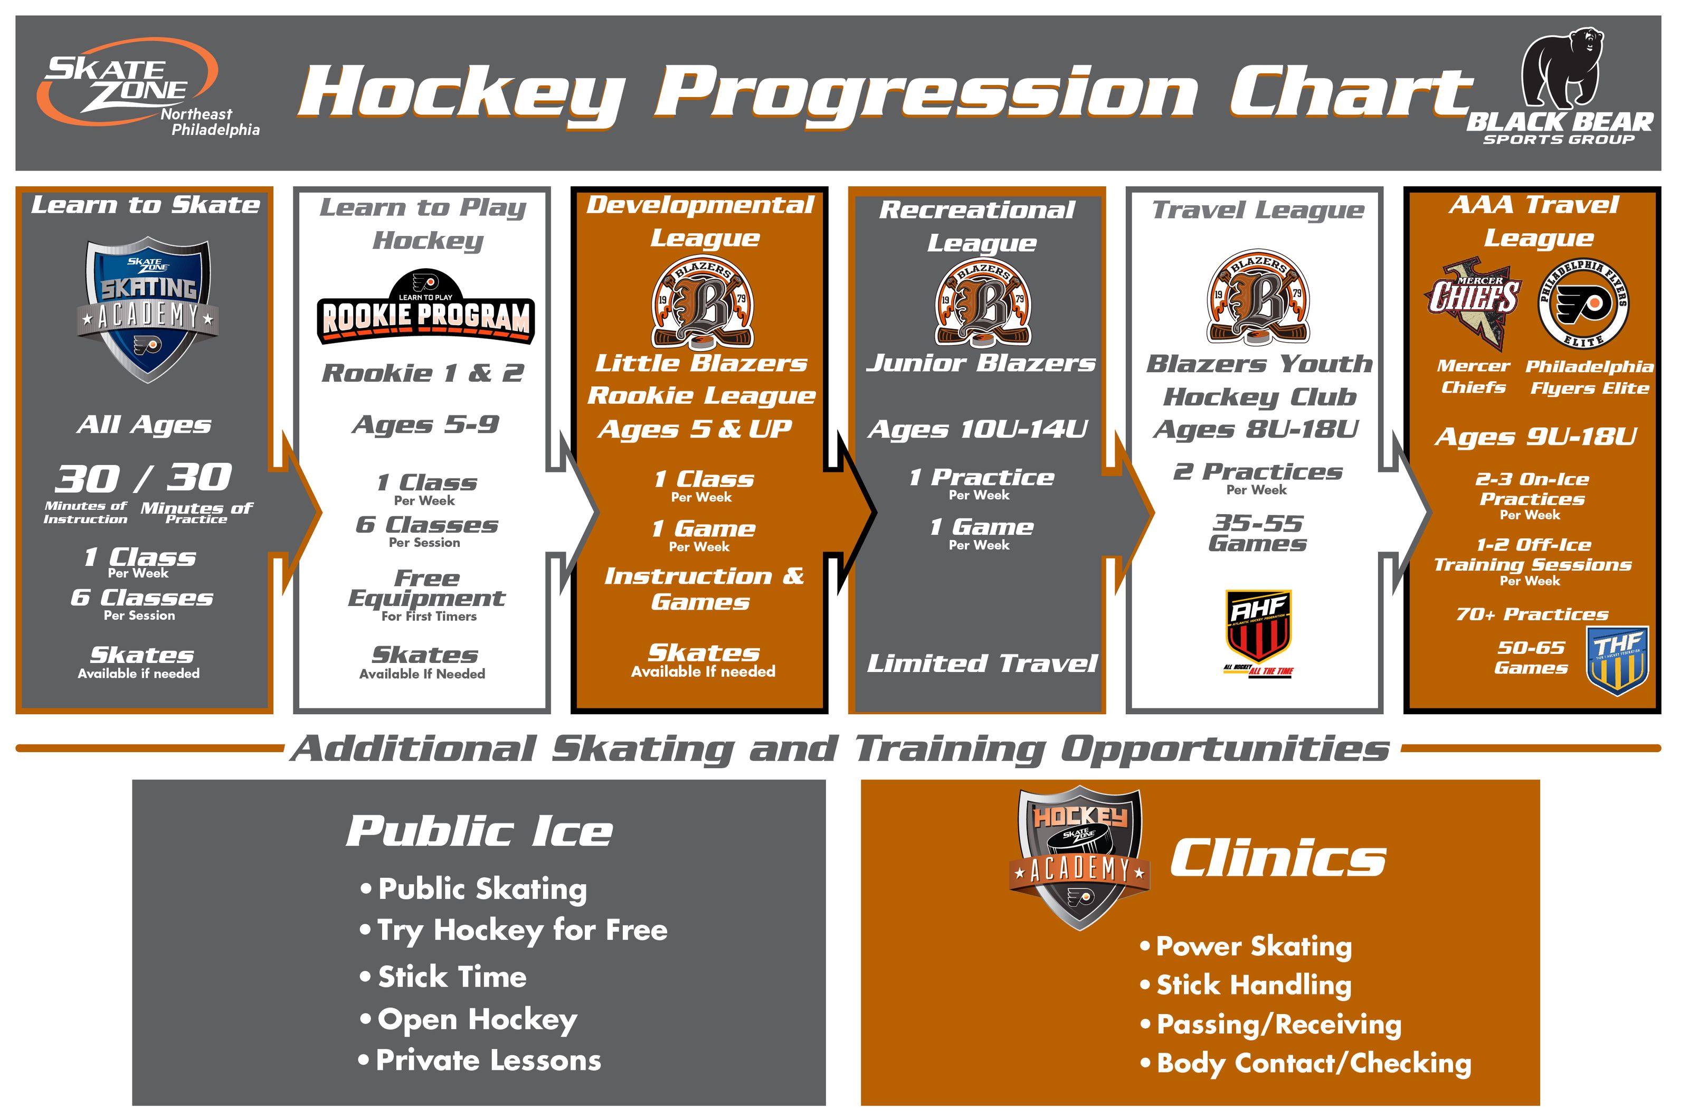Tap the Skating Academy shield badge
[x=148, y=309]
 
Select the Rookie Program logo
[x=425, y=309]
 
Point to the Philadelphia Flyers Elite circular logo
[x=1583, y=303]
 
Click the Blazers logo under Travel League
[x=1258, y=298]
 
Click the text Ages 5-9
[x=425, y=425]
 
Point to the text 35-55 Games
[x=1258, y=533]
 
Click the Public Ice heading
[x=479, y=831]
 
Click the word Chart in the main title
[x=1350, y=93]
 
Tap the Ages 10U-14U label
[x=978, y=429]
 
